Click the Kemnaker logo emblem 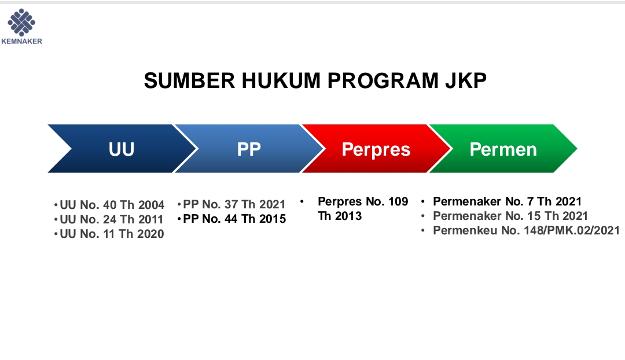(x=21, y=22)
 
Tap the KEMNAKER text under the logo (x=21, y=41)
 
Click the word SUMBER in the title (x=189, y=81)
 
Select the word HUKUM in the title (x=281, y=81)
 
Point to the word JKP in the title (x=465, y=81)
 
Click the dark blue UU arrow (x=122, y=149)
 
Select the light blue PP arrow (x=249, y=149)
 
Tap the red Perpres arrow (x=376, y=149)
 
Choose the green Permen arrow (x=503, y=149)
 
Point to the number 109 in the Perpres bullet (x=398, y=201)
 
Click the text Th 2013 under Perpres (x=340, y=216)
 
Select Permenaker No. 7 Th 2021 (x=507, y=201)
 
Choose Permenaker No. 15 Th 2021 (x=510, y=216)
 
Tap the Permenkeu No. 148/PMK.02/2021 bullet (x=526, y=230)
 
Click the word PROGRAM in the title (x=383, y=81)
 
